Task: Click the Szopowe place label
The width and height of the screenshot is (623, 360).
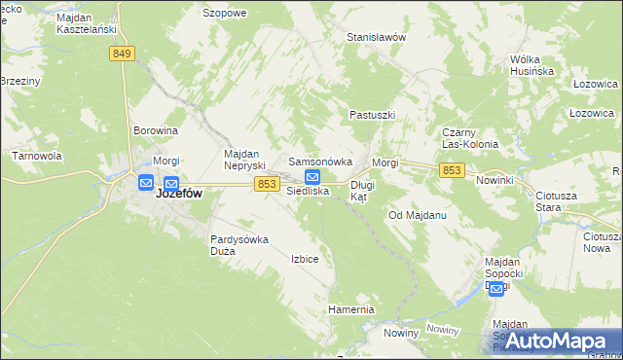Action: (x=224, y=14)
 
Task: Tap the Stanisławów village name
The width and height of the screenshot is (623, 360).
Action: (x=376, y=37)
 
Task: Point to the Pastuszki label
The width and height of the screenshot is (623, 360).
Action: (x=372, y=115)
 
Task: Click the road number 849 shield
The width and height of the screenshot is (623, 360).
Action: (x=122, y=54)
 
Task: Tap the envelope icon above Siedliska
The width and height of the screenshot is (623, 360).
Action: (x=312, y=177)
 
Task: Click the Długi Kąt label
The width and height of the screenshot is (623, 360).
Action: (x=362, y=190)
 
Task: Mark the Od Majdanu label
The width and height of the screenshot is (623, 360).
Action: (x=417, y=214)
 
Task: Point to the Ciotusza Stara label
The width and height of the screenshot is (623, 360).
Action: (x=556, y=201)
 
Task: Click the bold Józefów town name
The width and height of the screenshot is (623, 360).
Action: (x=179, y=194)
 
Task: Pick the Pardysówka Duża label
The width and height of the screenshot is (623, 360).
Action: (x=238, y=244)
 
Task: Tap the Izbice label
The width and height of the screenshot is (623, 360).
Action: (x=305, y=260)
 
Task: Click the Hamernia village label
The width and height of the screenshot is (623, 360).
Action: (x=351, y=309)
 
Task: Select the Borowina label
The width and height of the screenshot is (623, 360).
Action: (x=156, y=129)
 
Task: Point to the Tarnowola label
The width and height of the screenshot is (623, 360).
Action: (x=37, y=156)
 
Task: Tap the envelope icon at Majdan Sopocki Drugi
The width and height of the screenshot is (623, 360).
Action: (x=496, y=288)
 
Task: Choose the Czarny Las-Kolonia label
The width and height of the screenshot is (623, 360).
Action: (x=470, y=138)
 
